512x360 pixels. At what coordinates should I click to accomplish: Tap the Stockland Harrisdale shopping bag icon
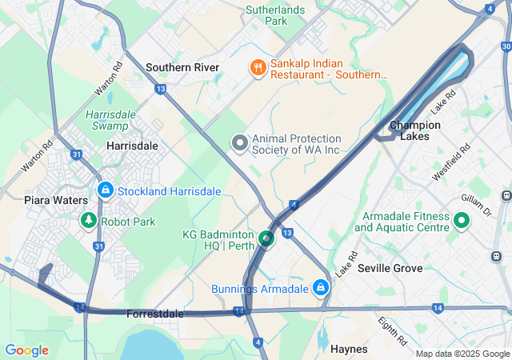105,190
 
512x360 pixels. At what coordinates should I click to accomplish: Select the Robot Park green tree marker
86,221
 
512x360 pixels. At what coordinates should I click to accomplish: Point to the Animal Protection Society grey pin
239,144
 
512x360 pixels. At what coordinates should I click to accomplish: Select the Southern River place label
182,67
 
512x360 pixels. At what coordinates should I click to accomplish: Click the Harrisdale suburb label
132,146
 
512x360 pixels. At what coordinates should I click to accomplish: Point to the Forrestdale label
154,314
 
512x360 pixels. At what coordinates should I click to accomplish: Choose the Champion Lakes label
414,130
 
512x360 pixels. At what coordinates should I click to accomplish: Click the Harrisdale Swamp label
111,120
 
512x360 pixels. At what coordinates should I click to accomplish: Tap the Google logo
26,350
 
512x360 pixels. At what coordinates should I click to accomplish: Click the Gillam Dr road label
475,203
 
